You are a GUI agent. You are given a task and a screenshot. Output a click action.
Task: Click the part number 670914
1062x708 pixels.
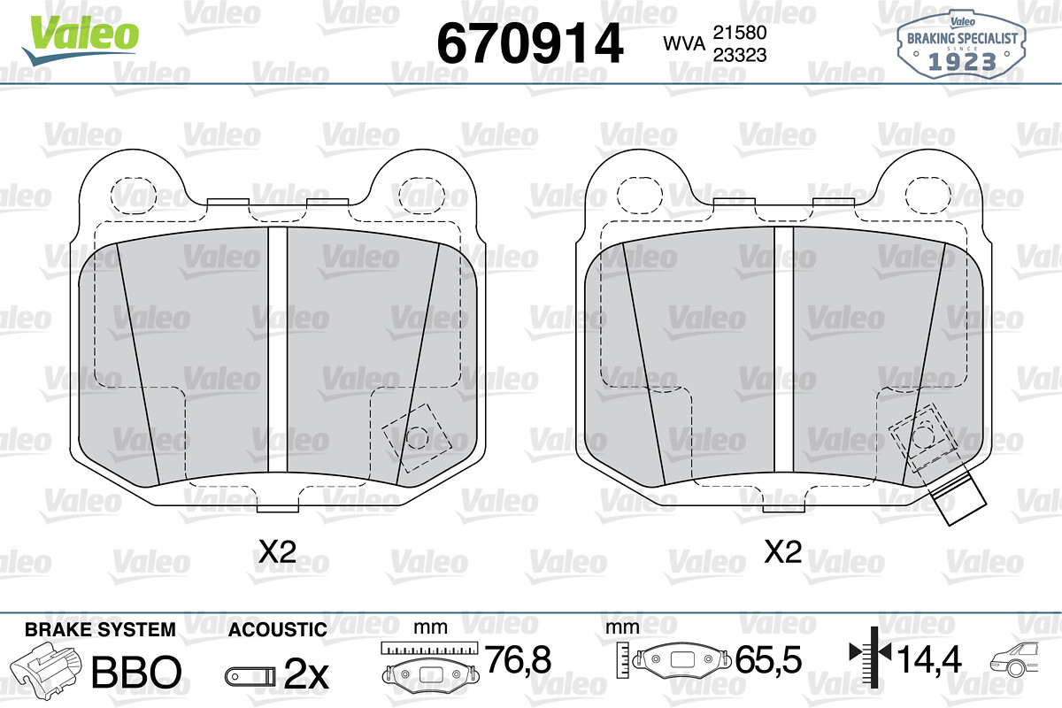(529, 43)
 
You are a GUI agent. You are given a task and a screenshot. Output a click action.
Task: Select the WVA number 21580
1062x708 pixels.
(740, 33)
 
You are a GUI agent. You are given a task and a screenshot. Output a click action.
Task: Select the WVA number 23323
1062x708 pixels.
(740, 55)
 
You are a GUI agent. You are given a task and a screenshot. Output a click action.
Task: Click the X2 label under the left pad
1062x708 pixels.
(277, 551)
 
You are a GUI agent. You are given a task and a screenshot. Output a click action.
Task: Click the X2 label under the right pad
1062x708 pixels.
(783, 551)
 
